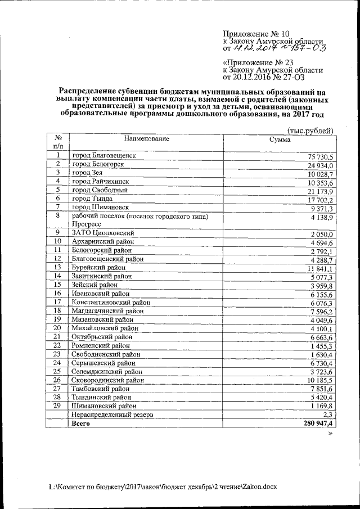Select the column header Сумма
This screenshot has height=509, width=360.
(x=280, y=139)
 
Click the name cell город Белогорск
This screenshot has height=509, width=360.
(x=98, y=164)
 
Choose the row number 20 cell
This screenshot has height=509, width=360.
(x=57, y=327)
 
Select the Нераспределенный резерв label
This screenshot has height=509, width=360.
(x=112, y=414)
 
